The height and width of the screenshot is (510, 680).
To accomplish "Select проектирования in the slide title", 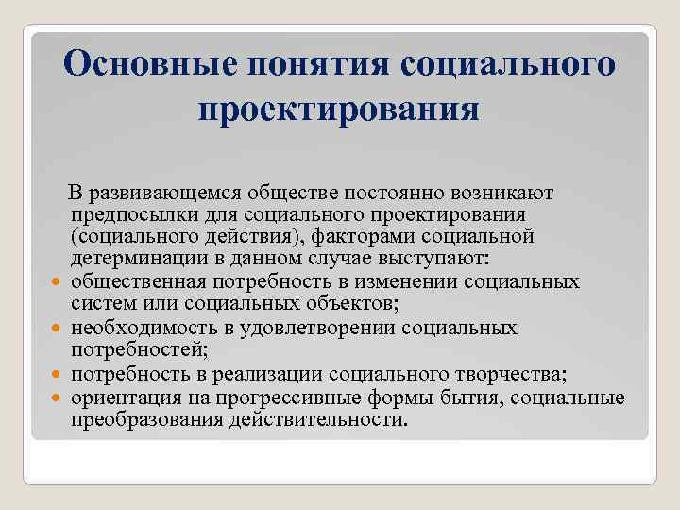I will (339, 110).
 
